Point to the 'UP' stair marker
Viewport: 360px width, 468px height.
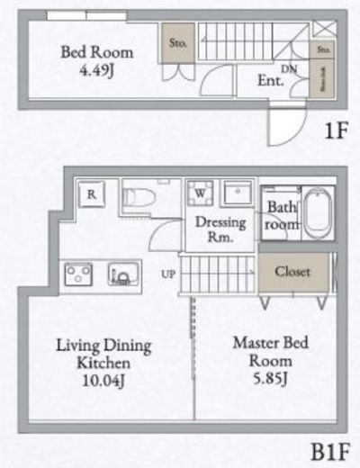(168, 272)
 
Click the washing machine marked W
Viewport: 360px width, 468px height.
(197, 193)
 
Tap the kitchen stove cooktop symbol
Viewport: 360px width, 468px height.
(76, 272)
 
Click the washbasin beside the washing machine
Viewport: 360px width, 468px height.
(238, 194)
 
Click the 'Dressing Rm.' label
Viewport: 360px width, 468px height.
(215, 230)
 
